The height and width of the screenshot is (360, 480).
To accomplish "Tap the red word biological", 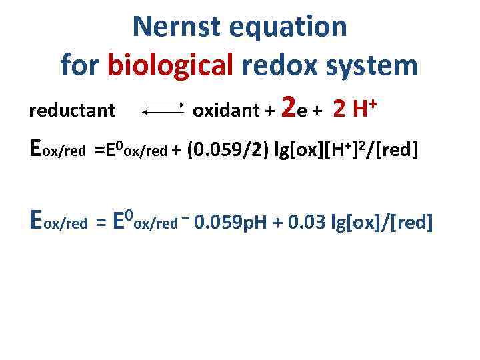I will tap(169, 65).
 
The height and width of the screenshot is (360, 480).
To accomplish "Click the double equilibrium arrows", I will tap(164, 109).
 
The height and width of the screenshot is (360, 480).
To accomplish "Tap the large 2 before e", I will tap(289, 106).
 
